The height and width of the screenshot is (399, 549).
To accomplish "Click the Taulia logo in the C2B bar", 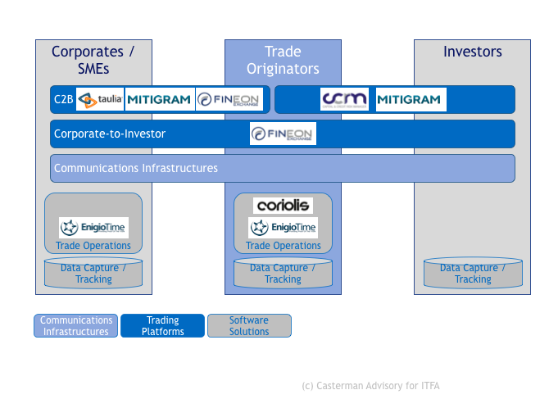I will click(x=100, y=100).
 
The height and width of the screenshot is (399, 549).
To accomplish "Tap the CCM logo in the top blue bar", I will click(x=343, y=100).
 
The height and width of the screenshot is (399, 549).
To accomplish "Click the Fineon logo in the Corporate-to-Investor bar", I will click(x=283, y=134).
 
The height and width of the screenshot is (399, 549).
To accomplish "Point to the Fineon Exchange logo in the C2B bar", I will click(x=229, y=100).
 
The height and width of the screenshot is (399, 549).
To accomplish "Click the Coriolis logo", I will click(x=283, y=206).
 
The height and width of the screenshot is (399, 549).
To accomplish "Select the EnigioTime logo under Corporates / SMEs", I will click(x=93, y=228).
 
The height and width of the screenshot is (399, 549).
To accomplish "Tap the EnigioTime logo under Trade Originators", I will click(x=283, y=228).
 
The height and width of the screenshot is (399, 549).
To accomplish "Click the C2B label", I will click(x=64, y=100).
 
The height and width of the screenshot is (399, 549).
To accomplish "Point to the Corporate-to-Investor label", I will click(x=110, y=134).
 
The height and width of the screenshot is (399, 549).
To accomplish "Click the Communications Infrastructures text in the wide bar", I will click(x=136, y=168).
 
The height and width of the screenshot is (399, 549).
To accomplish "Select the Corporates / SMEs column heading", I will click(x=93, y=60).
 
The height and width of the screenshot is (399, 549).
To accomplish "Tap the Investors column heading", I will click(x=473, y=52).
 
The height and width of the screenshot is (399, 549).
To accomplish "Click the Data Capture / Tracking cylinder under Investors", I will click(x=473, y=274).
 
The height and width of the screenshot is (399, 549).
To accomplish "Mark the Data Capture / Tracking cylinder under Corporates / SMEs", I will click(x=93, y=274).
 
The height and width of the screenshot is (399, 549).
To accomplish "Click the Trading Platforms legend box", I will click(x=162, y=326).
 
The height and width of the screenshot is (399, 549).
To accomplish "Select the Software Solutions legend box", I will click(x=249, y=326).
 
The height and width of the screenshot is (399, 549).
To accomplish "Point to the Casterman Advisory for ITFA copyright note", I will click(x=371, y=385).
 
